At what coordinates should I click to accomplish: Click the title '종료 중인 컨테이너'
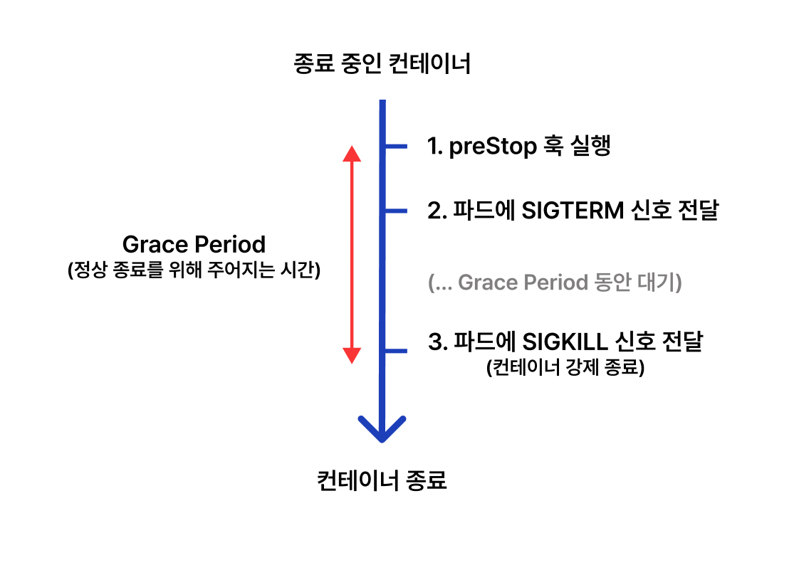382,65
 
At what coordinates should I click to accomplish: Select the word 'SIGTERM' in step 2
573,211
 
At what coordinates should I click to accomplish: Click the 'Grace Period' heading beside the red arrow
194,245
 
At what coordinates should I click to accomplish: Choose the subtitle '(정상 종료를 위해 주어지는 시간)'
194,271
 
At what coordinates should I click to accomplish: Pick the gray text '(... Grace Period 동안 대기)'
555,282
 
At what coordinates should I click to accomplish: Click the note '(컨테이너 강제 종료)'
565,369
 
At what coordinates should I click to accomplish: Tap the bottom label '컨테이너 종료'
382,480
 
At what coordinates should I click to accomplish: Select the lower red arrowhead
352,355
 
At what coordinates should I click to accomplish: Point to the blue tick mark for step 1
395,147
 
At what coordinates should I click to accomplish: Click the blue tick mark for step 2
395,211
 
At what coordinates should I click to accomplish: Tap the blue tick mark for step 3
395,351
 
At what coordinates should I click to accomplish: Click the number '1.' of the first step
435,147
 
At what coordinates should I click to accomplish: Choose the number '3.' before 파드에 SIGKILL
437,342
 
